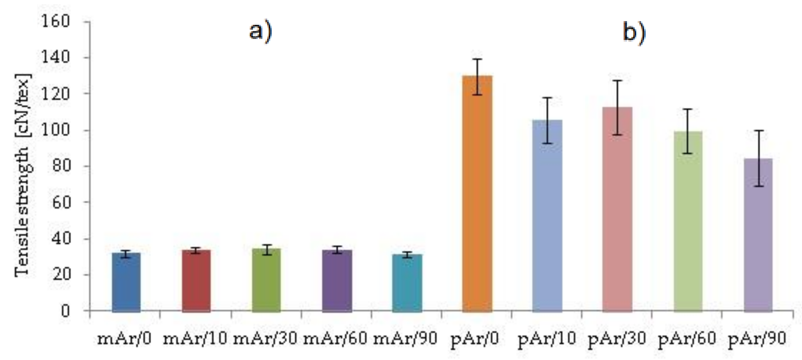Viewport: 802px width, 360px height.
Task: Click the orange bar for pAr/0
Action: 477,193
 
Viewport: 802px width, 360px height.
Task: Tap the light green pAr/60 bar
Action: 688,221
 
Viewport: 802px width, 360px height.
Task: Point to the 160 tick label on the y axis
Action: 55,22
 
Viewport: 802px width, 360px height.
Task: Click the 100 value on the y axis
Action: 55,130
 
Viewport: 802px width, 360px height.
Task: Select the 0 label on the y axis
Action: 65,310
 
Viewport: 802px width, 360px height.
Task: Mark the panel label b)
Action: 634,33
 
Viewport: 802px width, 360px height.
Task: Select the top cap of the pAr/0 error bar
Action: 477,59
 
